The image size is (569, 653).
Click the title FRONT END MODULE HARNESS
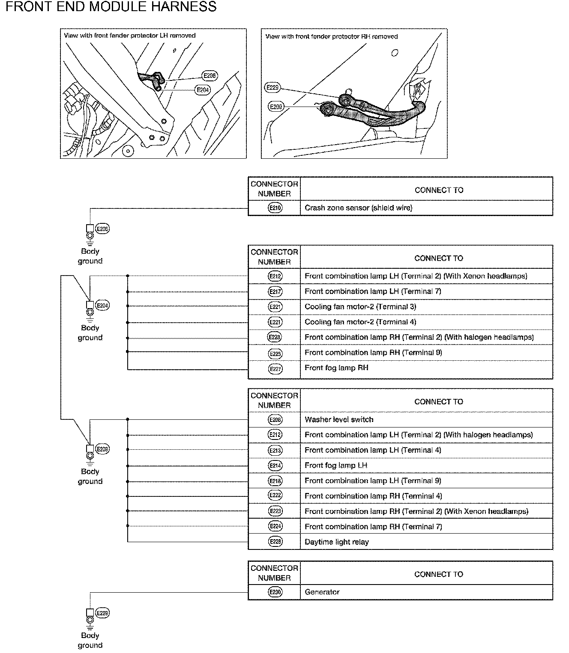(111, 7)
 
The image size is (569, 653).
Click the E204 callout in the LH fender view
(203, 90)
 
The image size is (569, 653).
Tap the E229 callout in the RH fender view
(273, 88)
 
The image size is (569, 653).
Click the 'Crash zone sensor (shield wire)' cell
(358, 208)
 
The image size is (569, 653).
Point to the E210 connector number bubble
(275, 208)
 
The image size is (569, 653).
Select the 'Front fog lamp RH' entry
(336, 368)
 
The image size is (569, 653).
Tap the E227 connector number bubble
(275, 368)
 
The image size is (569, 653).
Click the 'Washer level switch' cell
(339, 420)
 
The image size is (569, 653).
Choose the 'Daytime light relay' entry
(336, 542)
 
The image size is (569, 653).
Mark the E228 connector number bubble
(275, 542)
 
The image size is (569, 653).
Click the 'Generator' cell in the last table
(322, 592)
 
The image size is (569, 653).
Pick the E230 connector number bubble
(275, 592)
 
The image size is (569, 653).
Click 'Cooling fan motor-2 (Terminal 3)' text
(360, 307)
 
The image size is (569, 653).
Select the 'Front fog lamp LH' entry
(336, 466)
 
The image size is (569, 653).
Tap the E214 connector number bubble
(275, 466)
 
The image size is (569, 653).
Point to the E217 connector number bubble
(275, 291)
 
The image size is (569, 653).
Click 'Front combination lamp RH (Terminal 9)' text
(373, 353)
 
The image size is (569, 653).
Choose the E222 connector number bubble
(275, 496)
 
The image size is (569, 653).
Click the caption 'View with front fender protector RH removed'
(332, 36)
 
